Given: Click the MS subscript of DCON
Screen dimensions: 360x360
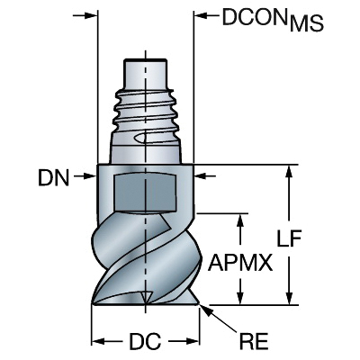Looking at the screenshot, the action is click(307, 23).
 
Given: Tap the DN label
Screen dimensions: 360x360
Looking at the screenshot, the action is click(54, 177).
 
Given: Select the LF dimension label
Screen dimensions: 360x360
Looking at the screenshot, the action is click(289, 238).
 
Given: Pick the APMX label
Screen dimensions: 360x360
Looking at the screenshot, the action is click(240, 262).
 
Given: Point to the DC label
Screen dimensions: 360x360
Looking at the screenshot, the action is click(145, 341).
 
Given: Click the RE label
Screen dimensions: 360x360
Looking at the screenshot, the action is click(254, 341).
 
